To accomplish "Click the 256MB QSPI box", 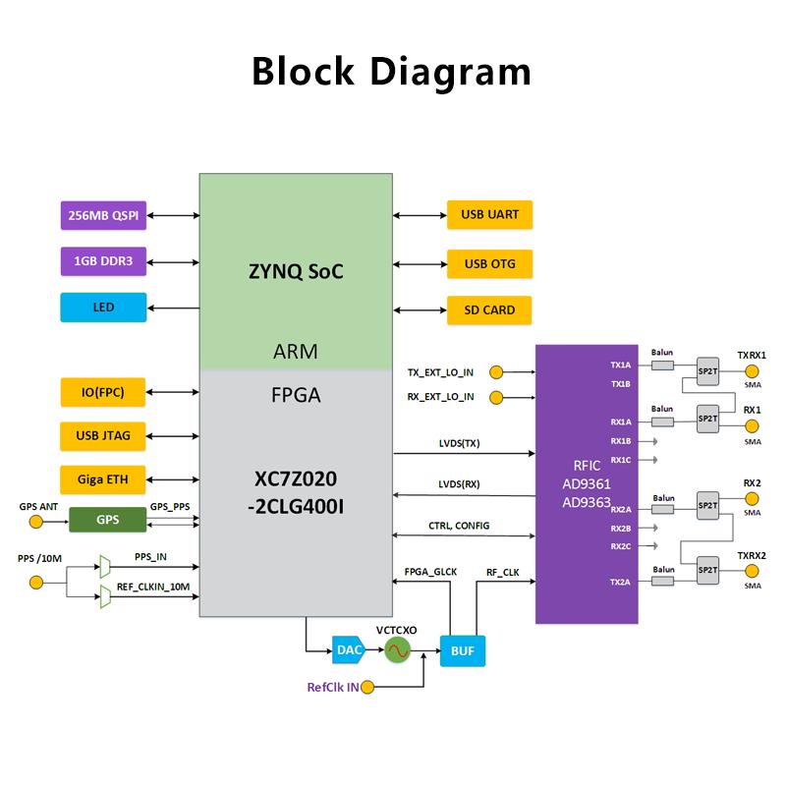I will pyautogui.click(x=103, y=215).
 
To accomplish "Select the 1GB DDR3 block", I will pyautogui.click(x=103, y=261).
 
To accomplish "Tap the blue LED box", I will pyautogui.click(x=103, y=308).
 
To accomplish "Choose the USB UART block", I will pyautogui.click(x=489, y=213).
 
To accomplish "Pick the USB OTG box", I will pyautogui.click(x=489, y=262).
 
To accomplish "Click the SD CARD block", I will pyautogui.click(x=489, y=310).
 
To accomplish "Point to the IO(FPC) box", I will pyautogui.click(x=103, y=394).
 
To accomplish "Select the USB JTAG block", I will pyautogui.click(x=103, y=436).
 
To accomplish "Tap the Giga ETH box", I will pyautogui.click(x=103, y=480).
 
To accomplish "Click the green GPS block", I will pyautogui.click(x=107, y=520).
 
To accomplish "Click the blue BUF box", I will pyautogui.click(x=463, y=650).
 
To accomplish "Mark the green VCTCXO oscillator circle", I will pyautogui.click(x=397, y=649).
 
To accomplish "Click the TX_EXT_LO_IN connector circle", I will pyautogui.click(x=496, y=372).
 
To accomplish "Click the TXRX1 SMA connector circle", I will pyautogui.click(x=753, y=372).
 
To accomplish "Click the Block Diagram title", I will pyautogui.click(x=392, y=72).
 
